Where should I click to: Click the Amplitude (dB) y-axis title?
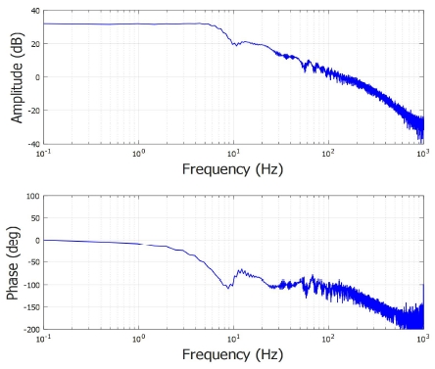(x=17, y=77)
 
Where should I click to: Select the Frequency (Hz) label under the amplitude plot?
(x=233, y=168)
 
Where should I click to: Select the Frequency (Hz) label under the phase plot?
(x=233, y=353)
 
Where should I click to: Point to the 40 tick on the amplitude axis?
(x=34, y=11)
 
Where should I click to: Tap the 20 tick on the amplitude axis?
(x=34, y=44)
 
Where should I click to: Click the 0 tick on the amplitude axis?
(x=36, y=77)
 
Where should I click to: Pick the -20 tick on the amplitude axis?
(x=33, y=111)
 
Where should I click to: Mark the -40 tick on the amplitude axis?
(x=33, y=144)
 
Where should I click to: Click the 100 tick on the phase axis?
(x=32, y=196)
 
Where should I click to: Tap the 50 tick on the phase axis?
(x=34, y=218)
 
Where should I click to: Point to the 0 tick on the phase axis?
(x=36, y=240)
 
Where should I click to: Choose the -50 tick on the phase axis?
(x=32, y=262)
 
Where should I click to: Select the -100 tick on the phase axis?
(x=30, y=285)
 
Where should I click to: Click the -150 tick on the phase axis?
(x=30, y=306)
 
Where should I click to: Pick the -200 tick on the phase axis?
(x=30, y=329)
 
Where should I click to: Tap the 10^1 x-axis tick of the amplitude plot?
(x=233, y=152)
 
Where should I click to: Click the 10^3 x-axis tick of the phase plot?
(x=422, y=337)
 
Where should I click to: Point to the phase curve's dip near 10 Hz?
(x=227, y=287)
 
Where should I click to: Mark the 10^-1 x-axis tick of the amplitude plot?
(x=44, y=152)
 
